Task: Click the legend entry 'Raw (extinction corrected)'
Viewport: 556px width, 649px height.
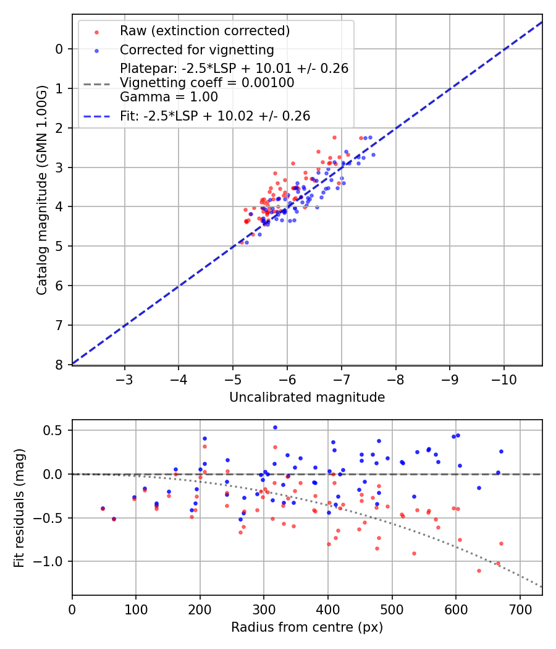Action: click(204, 31)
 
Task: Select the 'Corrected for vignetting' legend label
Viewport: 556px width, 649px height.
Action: click(196, 49)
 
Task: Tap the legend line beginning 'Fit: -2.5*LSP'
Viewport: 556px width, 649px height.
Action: click(214, 116)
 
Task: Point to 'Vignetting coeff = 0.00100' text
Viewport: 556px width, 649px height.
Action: click(207, 83)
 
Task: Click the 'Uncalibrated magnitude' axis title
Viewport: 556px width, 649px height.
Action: click(307, 397)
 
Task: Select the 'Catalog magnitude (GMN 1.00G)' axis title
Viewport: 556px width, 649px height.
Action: click(41, 190)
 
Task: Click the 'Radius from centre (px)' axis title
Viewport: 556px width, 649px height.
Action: click(307, 627)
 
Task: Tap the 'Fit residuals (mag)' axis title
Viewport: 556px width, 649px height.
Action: click(19, 507)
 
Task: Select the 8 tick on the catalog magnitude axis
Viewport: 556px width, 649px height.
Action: click(59, 365)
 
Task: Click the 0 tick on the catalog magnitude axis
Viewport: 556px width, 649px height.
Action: click(59, 49)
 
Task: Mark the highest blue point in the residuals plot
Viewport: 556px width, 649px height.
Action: click(275, 427)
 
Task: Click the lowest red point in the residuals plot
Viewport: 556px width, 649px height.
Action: click(479, 571)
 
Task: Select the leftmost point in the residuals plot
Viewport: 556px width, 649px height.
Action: click(103, 508)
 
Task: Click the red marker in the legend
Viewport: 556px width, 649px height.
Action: click(96, 32)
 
